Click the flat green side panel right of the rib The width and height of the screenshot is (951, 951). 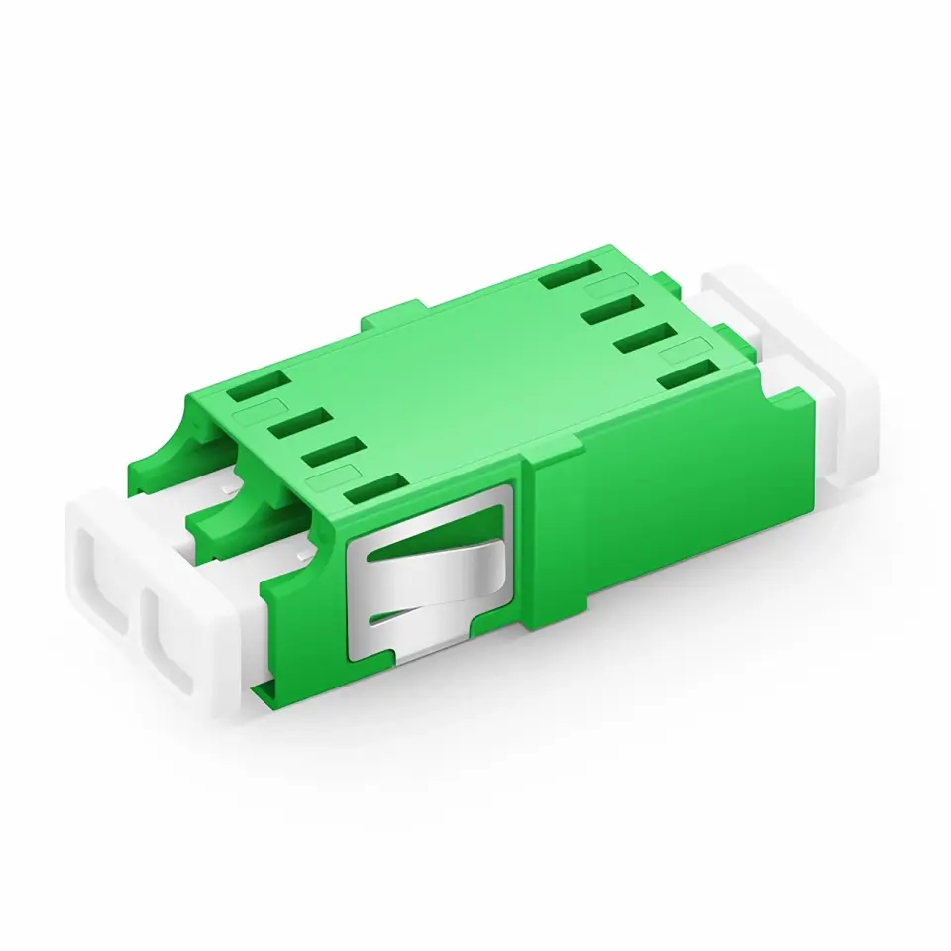(x=674, y=515)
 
